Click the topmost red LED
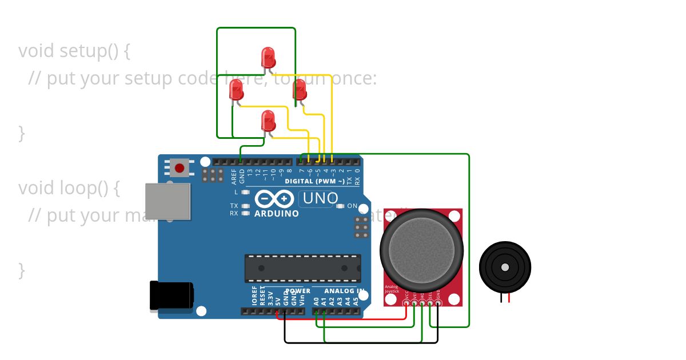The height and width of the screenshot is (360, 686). (x=268, y=57)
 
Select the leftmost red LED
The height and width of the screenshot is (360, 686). (x=236, y=90)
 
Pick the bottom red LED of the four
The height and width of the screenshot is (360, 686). (x=268, y=121)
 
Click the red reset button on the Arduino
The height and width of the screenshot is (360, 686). (x=180, y=168)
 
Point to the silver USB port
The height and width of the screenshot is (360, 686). (x=168, y=201)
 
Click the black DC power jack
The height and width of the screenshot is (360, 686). (x=171, y=296)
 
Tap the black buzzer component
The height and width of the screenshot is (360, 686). (x=505, y=267)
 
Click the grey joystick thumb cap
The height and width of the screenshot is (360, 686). (x=421, y=249)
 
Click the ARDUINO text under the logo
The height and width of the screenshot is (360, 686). (x=277, y=214)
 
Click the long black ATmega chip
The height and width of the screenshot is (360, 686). (x=302, y=268)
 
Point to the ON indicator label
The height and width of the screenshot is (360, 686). (x=352, y=206)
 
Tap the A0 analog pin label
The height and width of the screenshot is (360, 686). (x=316, y=301)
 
